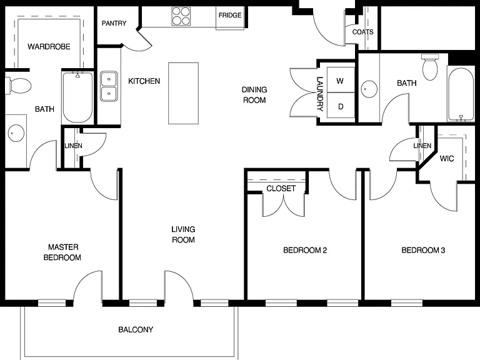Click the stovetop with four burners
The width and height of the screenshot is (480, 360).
(x=181, y=16)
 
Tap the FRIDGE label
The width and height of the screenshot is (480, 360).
(x=230, y=15)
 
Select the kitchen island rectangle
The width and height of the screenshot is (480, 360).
(x=183, y=93)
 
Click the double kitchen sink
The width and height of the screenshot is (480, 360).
(x=109, y=86)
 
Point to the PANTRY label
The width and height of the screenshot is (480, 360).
(x=114, y=23)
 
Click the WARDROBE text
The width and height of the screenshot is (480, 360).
(x=49, y=46)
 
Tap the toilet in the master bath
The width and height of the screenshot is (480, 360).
(x=18, y=86)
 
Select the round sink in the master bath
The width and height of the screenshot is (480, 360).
(x=16, y=133)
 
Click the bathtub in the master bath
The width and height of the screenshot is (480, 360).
(x=77, y=97)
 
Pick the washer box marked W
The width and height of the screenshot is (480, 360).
(x=341, y=80)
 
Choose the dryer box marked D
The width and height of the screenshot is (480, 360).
(x=341, y=105)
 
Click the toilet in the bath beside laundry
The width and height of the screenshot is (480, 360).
(x=430, y=67)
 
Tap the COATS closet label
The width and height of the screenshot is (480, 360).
(x=362, y=32)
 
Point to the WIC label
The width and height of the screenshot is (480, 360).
(x=447, y=159)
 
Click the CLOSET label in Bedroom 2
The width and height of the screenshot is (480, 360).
(x=281, y=189)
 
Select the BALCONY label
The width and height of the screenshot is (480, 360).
(x=136, y=330)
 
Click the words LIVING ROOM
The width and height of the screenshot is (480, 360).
(x=183, y=234)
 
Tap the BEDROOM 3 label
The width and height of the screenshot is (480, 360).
(x=423, y=251)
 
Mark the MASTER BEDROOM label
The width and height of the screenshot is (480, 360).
(x=62, y=252)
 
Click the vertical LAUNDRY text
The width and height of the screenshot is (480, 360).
(x=319, y=94)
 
